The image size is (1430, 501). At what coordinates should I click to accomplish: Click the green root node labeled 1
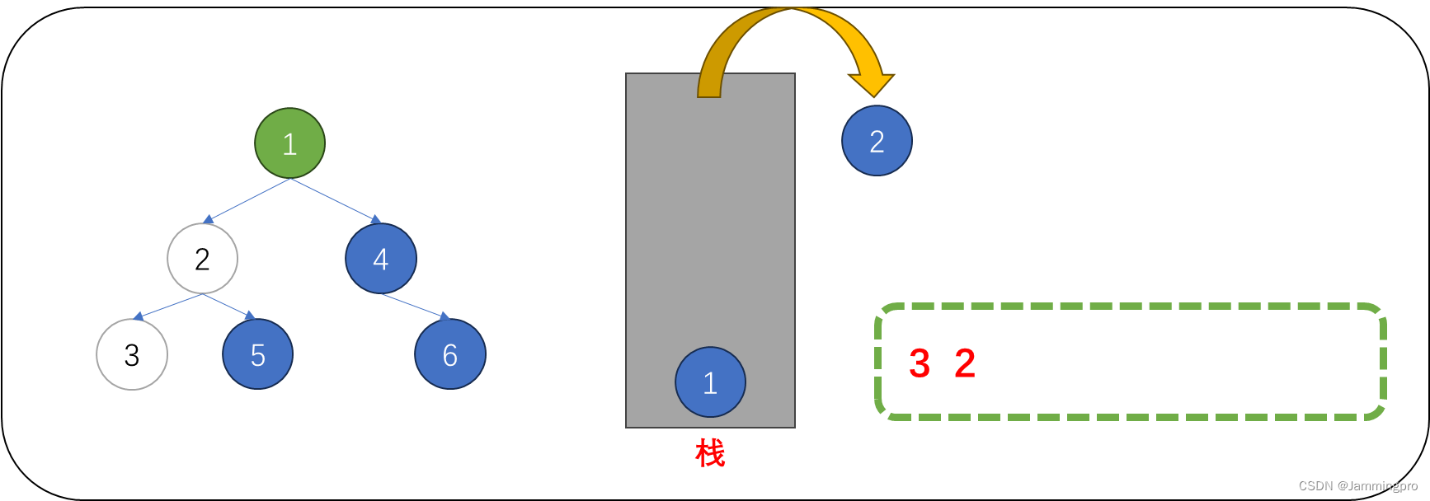click(x=289, y=143)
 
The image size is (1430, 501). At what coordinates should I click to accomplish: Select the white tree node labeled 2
click(x=202, y=259)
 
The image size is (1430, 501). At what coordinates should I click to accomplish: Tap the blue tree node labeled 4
click(x=380, y=259)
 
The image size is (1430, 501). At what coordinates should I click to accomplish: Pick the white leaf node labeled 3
click(x=132, y=354)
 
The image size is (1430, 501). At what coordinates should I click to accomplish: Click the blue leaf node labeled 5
click(x=257, y=354)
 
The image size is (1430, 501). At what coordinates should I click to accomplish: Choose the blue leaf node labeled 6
click(x=449, y=354)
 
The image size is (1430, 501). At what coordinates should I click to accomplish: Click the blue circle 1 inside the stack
click(x=710, y=382)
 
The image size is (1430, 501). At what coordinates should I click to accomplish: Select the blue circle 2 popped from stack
click(x=877, y=141)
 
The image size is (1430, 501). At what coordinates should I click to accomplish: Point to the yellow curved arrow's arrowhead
click(x=872, y=84)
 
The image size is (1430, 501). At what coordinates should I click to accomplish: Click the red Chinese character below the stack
click(x=710, y=453)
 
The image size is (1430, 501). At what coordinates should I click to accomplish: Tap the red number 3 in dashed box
click(x=920, y=363)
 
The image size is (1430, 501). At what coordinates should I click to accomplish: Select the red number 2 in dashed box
click(x=965, y=363)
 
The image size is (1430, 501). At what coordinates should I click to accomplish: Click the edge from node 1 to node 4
click(x=334, y=199)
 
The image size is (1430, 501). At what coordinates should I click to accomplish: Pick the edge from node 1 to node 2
click(x=248, y=199)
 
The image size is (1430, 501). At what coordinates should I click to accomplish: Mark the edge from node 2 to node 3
click(x=169, y=307)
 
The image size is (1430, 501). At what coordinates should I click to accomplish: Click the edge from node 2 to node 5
click(x=228, y=306)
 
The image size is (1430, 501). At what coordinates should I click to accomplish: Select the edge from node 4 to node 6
click(x=414, y=306)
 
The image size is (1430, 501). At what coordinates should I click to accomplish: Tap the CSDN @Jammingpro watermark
click(x=1357, y=486)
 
